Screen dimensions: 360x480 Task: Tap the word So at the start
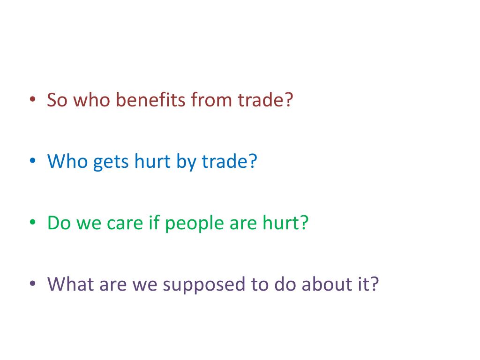click(x=57, y=100)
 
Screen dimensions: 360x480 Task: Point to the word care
click(x=124, y=224)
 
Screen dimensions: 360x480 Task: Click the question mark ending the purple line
click(x=373, y=284)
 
